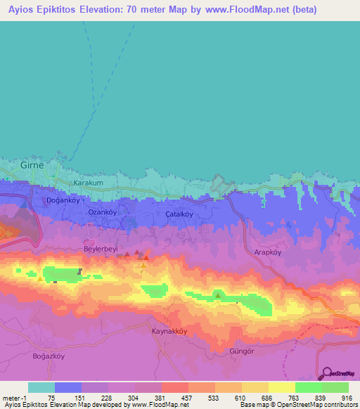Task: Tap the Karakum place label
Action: pyautogui.click(x=89, y=183)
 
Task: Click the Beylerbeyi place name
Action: pyautogui.click(x=103, y=249)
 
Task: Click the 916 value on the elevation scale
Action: pyautogui.click(x=346, y=397)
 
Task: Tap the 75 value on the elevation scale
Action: pyautogui.click(x=51, y=397)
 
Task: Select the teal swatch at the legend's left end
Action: pyautogui.click(x=41, y=387)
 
